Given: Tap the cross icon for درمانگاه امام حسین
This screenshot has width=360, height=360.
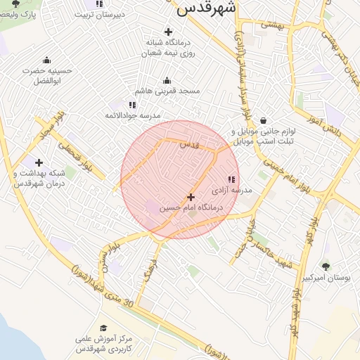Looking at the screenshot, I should (191, 198).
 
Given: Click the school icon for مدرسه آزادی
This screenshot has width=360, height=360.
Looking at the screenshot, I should (232, 180).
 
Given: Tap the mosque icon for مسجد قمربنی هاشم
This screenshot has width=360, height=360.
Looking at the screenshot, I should (167, 81).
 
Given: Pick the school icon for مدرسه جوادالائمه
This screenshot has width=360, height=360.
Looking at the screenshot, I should (132, 105).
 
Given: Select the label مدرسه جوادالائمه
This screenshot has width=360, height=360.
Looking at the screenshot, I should (132, 115).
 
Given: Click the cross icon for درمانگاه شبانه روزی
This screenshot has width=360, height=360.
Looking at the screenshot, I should (167, 32).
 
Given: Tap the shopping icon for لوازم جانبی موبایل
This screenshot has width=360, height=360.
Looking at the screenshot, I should (263, 120).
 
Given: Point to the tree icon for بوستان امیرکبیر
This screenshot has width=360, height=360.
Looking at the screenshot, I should (326, 266).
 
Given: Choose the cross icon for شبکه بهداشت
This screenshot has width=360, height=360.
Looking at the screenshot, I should (39, 162).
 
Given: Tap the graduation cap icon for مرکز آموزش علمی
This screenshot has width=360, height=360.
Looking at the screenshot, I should (103, 328).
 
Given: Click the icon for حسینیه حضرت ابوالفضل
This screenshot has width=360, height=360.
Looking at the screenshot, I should (47, 60).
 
